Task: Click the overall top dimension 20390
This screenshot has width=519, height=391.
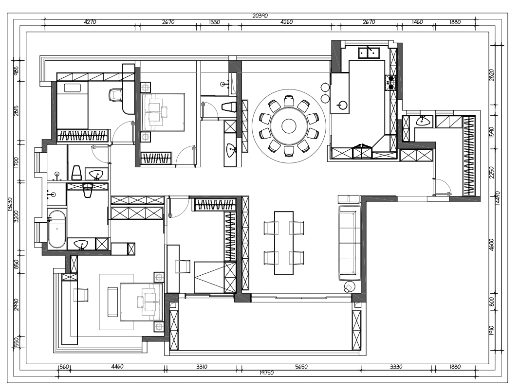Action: point(260,16)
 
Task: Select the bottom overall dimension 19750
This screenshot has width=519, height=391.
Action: point(266,373)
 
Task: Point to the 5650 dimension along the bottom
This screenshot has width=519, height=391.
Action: point(301,367)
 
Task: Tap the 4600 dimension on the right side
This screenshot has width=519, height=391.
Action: point(491,245)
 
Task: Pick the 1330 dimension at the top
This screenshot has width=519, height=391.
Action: point(214,22)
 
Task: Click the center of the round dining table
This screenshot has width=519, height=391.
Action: point(289,125)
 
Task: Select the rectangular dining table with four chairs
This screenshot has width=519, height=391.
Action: point(284,243)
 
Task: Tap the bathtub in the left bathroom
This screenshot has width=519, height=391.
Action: point(56,229)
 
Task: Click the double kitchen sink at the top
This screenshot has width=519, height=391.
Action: point(369,52)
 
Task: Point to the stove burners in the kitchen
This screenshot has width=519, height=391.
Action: point(391,83)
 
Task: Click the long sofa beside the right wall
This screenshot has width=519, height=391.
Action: point(350,243)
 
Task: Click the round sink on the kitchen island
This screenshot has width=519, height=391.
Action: point(342,106)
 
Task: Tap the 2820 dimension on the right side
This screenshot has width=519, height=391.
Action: point(491,75)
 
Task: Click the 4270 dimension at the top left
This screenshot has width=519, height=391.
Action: point(90,22)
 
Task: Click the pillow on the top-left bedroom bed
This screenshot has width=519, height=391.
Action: point(73,88)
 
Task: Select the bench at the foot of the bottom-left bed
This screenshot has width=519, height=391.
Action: point(112,302)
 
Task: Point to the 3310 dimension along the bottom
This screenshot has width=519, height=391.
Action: point(202,367)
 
